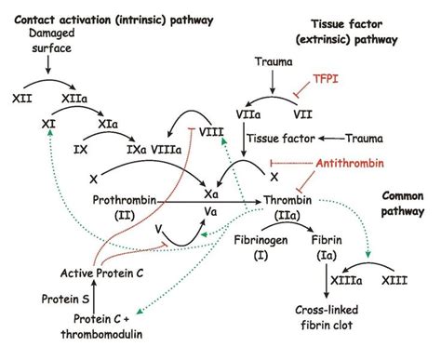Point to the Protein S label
[x=38, y=299]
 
